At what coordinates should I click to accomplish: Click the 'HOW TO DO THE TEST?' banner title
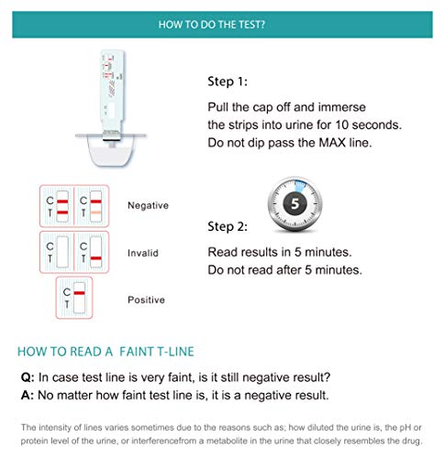point(212,25)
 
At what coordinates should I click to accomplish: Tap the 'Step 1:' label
point(228,82)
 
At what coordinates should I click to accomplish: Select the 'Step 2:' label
point(228,226)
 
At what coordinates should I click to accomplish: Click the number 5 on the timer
point(295,203)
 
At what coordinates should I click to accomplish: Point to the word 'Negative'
point(148,205)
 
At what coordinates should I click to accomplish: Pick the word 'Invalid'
point(143,253)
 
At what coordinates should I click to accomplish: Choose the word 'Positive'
point(146,300)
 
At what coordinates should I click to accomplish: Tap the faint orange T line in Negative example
point(95,213)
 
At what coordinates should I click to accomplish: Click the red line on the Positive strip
point(79,293)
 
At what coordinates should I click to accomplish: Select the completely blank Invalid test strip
point(62,252)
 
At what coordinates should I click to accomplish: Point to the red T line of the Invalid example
point(95,258)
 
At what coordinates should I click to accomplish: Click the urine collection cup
point(111,149)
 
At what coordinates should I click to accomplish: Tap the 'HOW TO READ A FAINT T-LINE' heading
point(106,352)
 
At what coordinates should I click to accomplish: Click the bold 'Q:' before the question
point(28,377)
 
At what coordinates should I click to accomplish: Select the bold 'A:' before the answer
point(28,396)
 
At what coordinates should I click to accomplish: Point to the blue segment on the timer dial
point(300,186)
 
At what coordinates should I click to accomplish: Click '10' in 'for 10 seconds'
point(341,125)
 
